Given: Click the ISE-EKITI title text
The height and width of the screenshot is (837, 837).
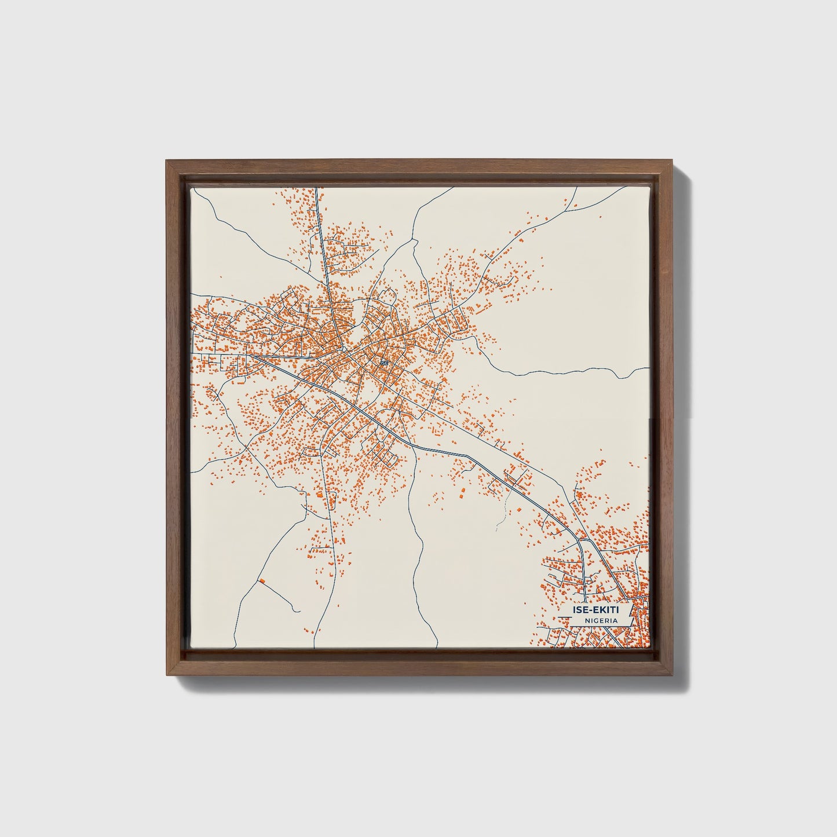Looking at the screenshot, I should (595, 610).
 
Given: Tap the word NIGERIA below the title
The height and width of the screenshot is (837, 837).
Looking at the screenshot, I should (600, 620).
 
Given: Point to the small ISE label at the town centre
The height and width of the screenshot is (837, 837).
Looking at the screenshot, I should (383, 363).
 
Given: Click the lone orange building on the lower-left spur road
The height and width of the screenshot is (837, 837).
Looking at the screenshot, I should (261, 580).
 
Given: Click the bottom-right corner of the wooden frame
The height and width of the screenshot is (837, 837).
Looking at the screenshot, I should (674, 675).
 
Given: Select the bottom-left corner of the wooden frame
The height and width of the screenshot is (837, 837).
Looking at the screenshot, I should (166, 675).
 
